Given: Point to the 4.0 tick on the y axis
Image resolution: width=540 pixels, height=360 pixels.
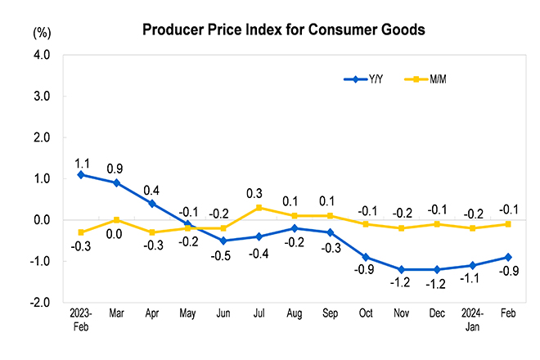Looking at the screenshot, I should point(41,56).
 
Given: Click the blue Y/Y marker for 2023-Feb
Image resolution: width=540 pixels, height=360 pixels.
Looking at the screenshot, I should point(81,174).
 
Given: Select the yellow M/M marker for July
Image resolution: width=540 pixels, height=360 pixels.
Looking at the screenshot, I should point(259,207).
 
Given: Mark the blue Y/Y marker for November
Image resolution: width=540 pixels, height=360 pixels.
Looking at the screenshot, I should point(402,269).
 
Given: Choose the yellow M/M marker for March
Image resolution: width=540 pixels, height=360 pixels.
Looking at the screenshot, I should point(117,220).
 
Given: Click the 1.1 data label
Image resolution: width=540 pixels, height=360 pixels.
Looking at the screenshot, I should point(82,162).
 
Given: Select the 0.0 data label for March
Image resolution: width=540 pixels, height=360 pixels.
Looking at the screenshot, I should point(115,235).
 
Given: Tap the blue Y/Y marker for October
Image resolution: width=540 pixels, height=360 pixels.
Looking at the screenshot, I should point(366,257).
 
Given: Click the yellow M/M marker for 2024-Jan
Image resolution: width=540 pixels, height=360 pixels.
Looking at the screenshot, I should point(473,227).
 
